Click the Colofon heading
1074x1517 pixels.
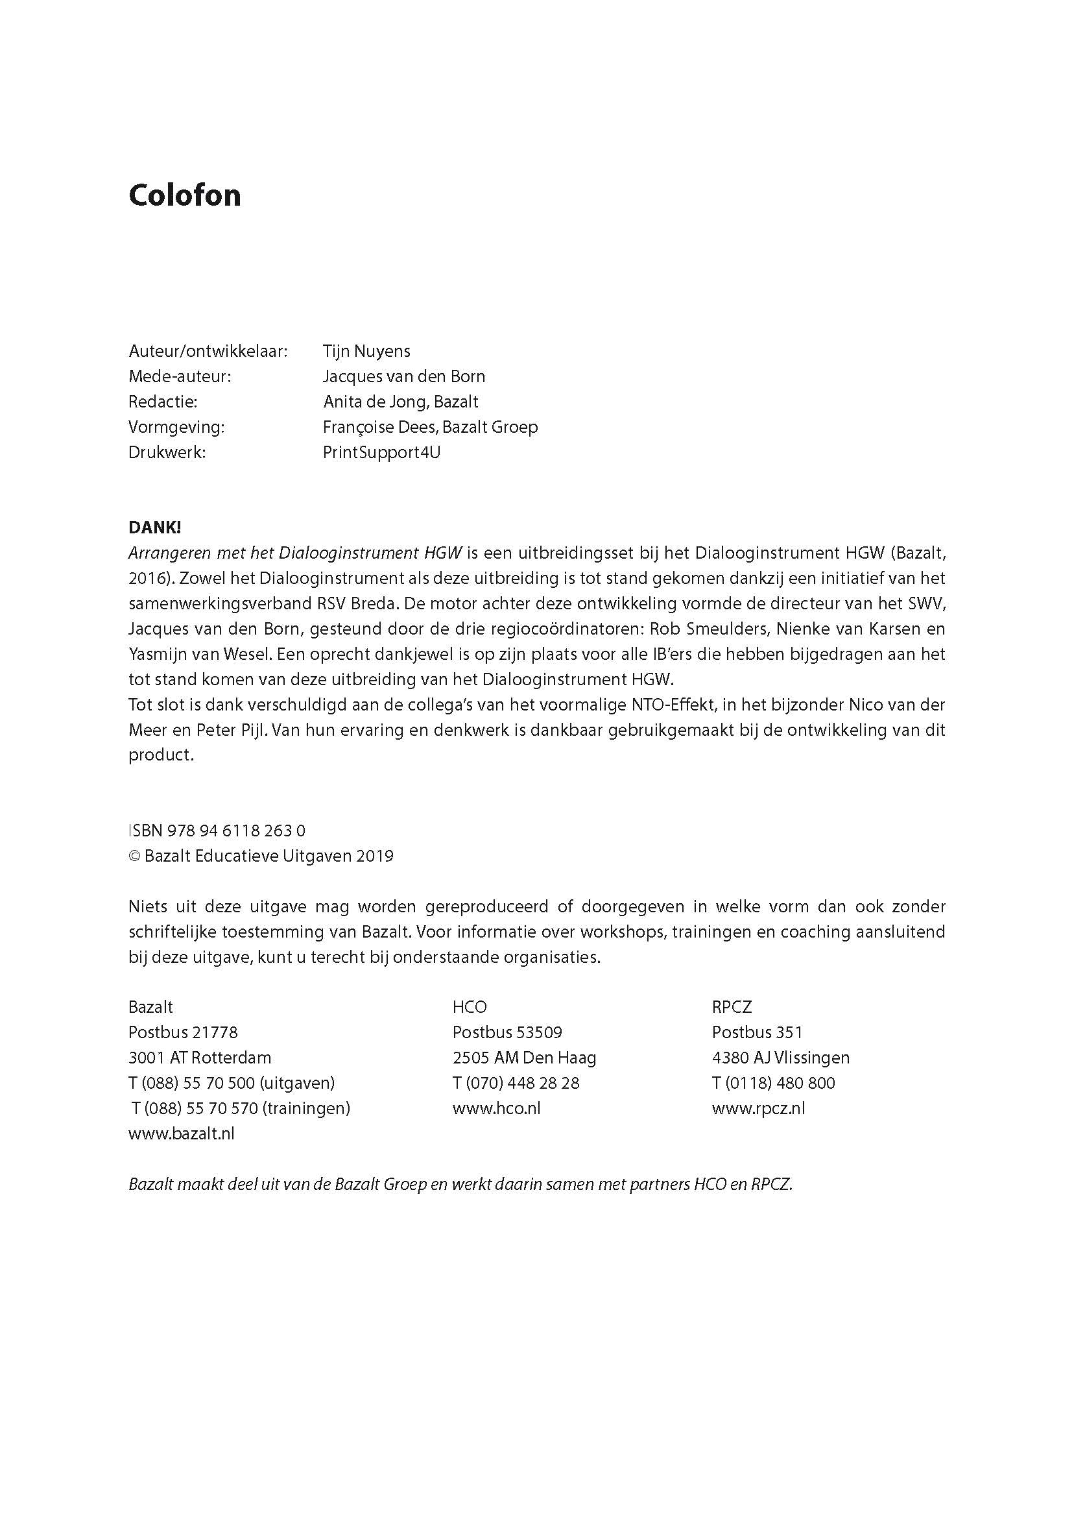pyautogui.click(x=184, y=195)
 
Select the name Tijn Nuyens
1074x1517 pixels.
pyautogui.click(x=366, y=351)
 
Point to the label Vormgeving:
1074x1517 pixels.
pyautogui.click(x=176, y=428)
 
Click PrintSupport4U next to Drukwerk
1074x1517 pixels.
pyautogui.click(x=381, y=452)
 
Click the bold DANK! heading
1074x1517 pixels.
pyautogui.click(x=155, y=528)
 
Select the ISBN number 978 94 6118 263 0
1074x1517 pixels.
pyautogui.click(x=236, y=831)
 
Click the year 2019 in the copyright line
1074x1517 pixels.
pyautogui.click(x=374, y=856)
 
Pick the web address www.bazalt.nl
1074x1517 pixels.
pyautogui.click(x=181, y=1134)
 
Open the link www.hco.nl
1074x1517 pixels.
pyautogui.click(x=496, y=1109)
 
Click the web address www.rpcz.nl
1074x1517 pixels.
pyautogui.click(x=758, y=1109)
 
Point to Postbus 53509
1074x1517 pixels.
pyautogui.click(x=507, y=1033)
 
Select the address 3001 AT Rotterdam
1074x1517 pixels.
pyautogui.click(x=200, y=1058)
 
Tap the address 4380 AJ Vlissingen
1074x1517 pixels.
pyautogui.click(x=780, y=1058)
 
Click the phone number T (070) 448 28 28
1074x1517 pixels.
pyautogui.click(x=516, y=1083)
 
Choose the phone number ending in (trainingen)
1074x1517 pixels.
pyautogui.click(x=241, y=1109)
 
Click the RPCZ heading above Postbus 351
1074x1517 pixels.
pyautogui.click(x=732, y=1008)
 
